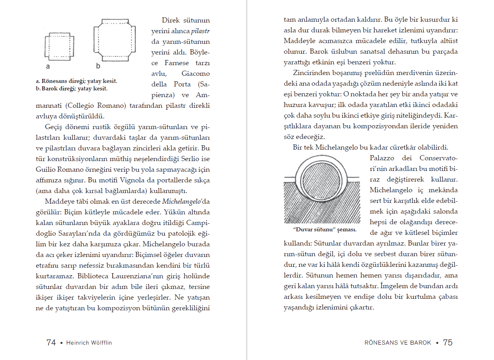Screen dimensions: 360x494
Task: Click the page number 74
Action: pos(51,342)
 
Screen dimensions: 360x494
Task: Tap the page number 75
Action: pos(448,342)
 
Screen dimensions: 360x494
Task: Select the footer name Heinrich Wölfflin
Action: pos(89,343)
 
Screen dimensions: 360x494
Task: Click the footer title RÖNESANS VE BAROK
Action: pos(398,343)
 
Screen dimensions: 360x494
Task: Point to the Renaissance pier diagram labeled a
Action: pos(59,47)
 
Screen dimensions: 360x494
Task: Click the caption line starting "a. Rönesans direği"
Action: pos(77,81)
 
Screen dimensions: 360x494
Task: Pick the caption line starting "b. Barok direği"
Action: pos(71,88)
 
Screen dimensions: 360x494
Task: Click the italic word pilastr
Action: pos(200,31)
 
